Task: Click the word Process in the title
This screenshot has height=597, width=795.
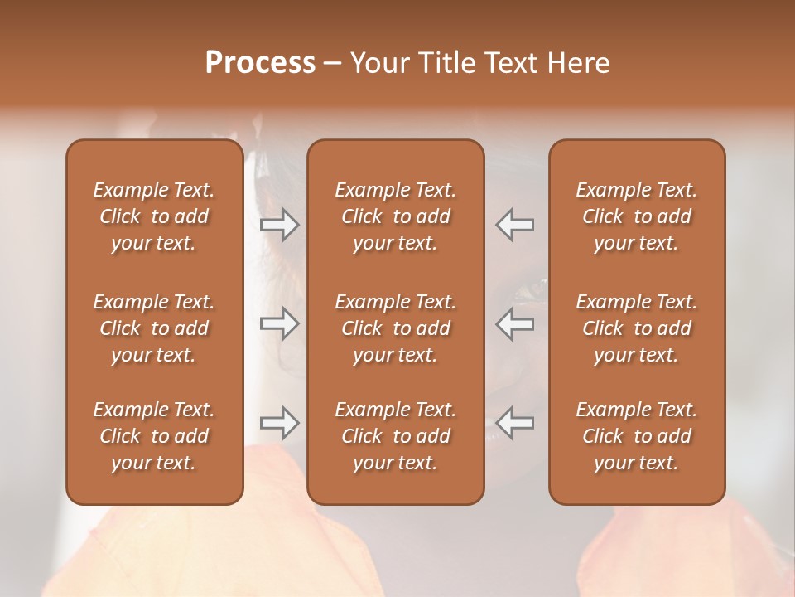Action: tap(260, 63)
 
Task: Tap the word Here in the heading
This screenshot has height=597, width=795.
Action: tap(579, 63)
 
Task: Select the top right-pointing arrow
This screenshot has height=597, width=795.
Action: tap(279, 224)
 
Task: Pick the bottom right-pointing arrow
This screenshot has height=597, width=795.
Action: tap(279, 423)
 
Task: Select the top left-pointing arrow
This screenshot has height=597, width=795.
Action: tap(515, 224)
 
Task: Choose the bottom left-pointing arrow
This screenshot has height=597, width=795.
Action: tap(515, 423)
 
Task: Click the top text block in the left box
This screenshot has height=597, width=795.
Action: tap(154, 216)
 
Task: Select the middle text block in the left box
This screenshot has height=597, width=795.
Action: tap(154, 328)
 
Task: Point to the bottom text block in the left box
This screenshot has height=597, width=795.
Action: tap(154, 436)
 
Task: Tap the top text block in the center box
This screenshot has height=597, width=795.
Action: tap(396, 216)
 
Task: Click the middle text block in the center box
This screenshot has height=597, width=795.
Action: tap(396, 328)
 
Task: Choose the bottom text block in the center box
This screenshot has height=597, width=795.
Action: tap(396, 436)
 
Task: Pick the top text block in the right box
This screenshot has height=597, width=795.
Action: tap(637, 216)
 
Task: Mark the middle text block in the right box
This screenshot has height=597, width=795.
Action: tap(637, 328)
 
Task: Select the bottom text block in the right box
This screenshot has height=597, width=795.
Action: tap(637, 436)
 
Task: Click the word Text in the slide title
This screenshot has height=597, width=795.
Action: tap(514, 63)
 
